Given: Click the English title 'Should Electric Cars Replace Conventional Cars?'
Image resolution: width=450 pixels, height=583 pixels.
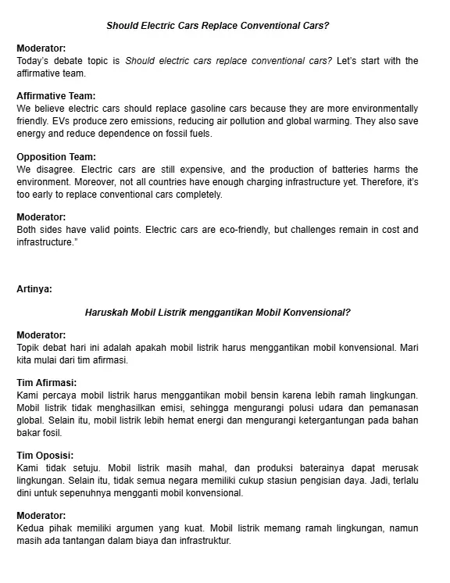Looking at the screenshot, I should (x=217, y=26).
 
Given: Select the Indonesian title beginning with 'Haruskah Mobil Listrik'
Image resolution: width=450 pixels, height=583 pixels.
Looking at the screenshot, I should (x=217, y=312).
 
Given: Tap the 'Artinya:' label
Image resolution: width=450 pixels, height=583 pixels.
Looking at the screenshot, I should (x=34, y=288).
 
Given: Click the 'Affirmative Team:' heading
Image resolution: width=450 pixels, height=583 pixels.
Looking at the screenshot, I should (x=55, y=96).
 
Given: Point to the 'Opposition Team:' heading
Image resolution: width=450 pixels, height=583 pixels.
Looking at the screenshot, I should (x=55, y=157).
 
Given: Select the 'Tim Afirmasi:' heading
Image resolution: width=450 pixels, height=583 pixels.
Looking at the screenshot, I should (x=46, y=383).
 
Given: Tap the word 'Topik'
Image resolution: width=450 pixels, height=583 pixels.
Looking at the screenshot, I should (x=29, y=348).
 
